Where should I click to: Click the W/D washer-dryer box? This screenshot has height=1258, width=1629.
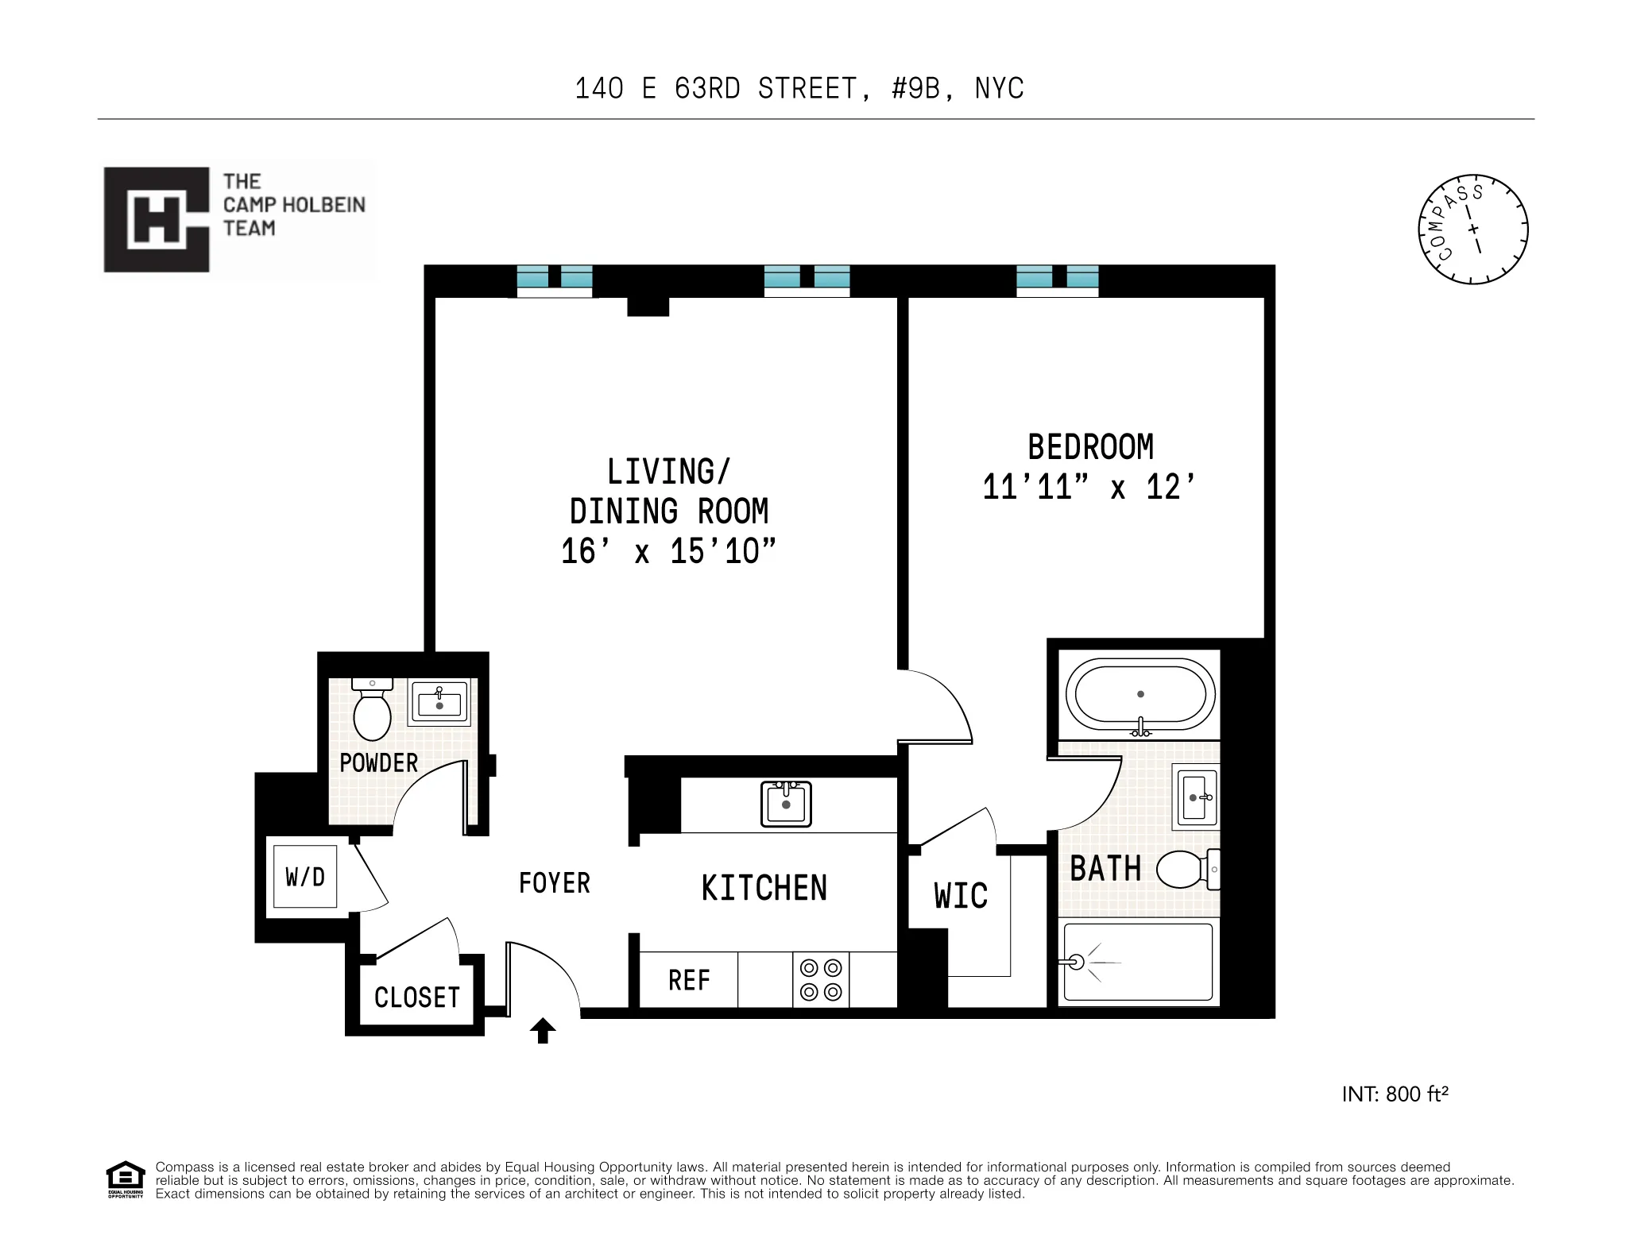point(305,877)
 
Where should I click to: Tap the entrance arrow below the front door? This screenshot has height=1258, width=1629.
point(543,1031)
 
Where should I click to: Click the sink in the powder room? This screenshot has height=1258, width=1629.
point(439,703)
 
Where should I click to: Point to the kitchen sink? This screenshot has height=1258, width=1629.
point(786,804)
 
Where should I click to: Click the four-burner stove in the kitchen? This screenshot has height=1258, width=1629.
point(821,980)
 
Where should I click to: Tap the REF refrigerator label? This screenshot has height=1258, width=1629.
point(688,981)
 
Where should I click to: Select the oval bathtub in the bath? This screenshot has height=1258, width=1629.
point(1140,694)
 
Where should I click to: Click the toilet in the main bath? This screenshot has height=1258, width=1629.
point(1184,870)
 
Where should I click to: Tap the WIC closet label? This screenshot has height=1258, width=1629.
point(961,896)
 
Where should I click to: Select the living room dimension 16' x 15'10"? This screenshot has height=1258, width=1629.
point(668,551)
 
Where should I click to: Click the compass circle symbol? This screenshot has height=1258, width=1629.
point(1472,230)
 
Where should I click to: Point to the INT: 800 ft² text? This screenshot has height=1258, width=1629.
point(1395,1094)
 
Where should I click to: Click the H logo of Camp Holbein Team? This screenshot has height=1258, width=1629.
point(157,220)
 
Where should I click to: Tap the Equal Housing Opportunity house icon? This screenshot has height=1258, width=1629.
point(126,1179)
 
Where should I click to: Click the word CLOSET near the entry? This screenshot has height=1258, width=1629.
point(416,998)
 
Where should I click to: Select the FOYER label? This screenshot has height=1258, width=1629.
point(554,883)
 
